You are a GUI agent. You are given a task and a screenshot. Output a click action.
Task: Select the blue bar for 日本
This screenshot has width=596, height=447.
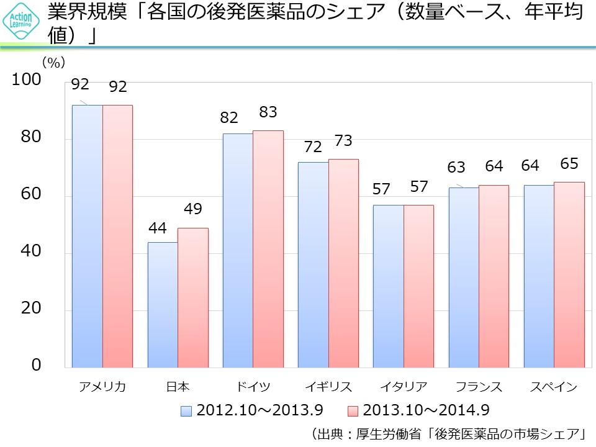[163, 304]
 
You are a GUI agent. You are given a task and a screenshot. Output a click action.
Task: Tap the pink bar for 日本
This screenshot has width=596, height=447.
[193, 298]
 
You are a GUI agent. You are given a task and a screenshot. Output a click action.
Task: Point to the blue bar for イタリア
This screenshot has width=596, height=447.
[389, 286]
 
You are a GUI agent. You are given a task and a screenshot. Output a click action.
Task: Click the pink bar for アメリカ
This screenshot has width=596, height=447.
[117, 236]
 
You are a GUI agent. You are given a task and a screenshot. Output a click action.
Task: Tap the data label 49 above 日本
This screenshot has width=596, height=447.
[193, 209]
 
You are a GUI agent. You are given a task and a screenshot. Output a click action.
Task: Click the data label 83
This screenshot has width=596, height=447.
[268, 112]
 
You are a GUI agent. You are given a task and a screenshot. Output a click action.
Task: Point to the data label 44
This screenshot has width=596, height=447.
[157, 228]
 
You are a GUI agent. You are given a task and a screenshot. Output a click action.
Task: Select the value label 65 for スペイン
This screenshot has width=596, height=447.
[569, 164]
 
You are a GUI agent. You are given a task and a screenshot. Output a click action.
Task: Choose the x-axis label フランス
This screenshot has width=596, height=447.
[478, 387]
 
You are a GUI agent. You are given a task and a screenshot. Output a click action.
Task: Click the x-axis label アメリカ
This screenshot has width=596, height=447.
[102, 387]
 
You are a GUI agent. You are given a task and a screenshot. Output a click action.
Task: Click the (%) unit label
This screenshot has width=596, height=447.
[53, 62]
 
